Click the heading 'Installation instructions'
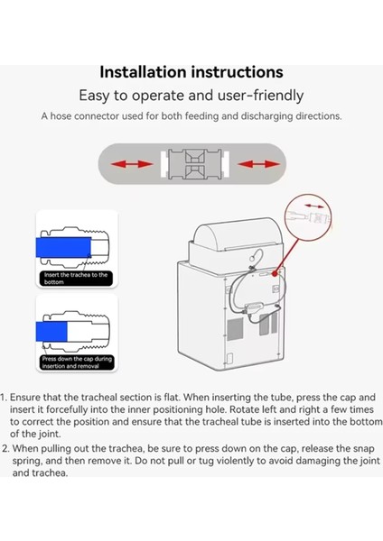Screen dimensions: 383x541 191,72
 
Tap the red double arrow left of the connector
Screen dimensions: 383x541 132,164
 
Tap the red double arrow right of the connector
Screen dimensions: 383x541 259,164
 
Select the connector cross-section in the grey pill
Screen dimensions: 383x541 194,164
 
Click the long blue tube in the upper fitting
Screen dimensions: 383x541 63,247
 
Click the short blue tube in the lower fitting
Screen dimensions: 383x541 51,331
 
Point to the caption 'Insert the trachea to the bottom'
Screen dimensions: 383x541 76,278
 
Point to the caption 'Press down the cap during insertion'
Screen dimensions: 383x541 77,362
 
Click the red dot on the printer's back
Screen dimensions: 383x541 275,274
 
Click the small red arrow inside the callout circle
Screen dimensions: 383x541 314,206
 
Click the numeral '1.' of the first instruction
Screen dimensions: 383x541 4,398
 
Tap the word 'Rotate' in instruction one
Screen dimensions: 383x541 245,409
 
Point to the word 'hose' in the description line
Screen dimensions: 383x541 61,116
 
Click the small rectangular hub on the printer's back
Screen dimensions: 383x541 255,307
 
